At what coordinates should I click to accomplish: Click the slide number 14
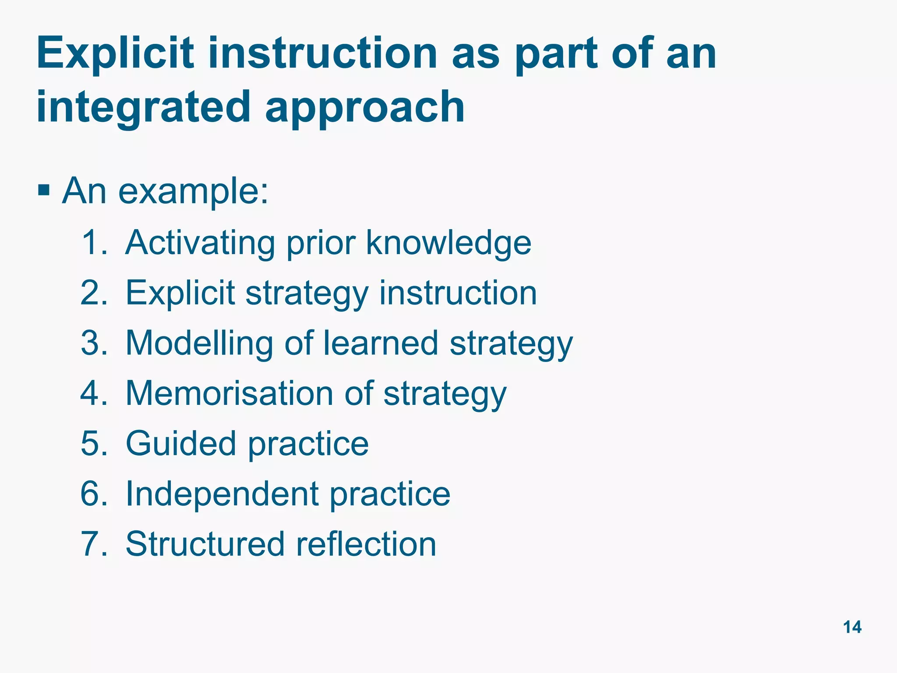(852, 627)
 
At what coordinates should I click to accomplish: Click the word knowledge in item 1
(448, 243)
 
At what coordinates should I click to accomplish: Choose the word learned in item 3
(381, 343)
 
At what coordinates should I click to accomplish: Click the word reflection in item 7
(366, 544)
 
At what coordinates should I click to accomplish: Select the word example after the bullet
(193, 192)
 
